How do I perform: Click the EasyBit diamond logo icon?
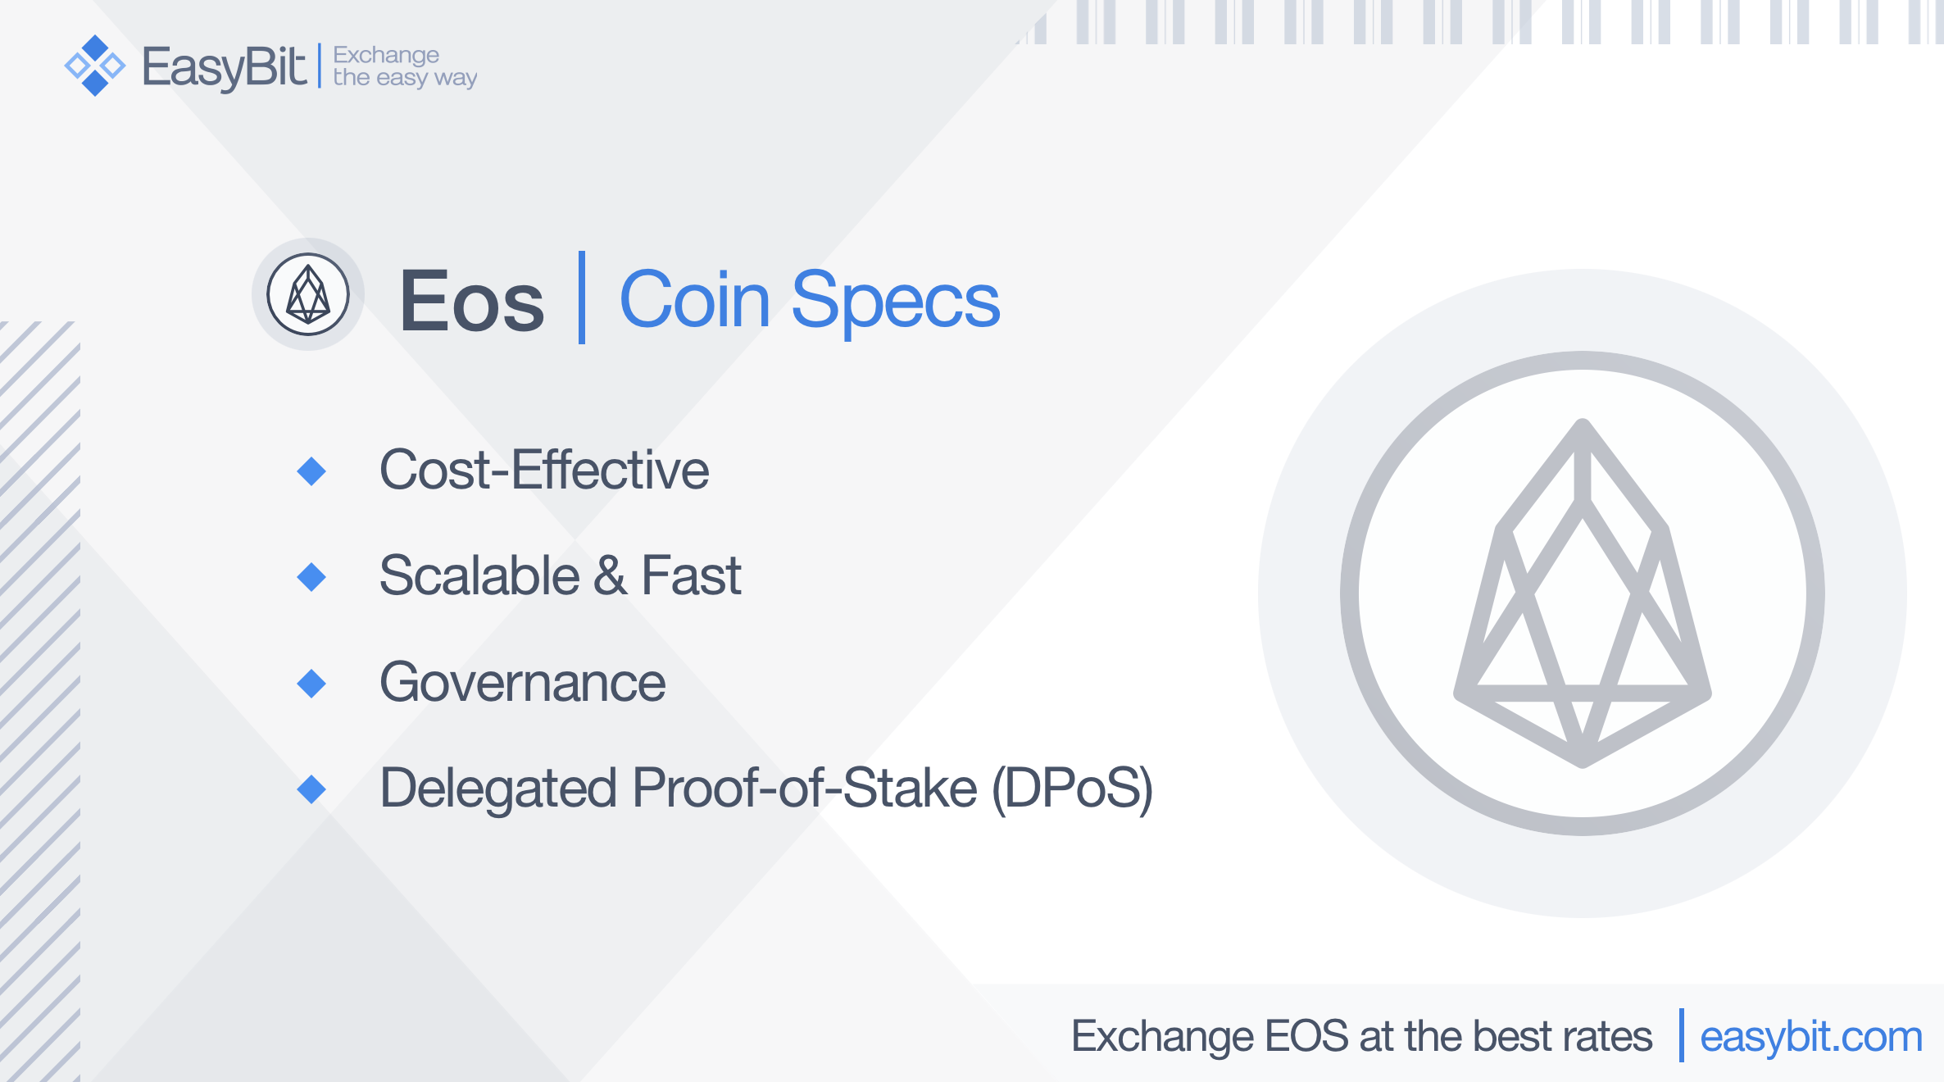coord(95,66)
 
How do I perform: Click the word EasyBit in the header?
coord(225,67)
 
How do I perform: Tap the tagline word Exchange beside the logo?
coord(386,55)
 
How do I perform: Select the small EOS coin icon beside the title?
coord(308,294)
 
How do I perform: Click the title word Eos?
coord(472,302)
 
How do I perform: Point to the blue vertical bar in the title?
coord(582,298)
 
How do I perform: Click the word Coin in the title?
coord(695,300)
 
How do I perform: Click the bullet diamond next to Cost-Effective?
coord(311,471)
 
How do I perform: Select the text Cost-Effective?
coord(544,470)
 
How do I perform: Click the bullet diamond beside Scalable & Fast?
coord(311,577)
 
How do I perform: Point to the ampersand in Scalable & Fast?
coord(611,575)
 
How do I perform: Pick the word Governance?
coord(523,682)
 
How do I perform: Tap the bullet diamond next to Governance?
coord(311,684)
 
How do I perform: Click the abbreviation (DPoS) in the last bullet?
coord(1073,789)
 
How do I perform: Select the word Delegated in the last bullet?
coord(498,789)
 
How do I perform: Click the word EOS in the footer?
coord(1306,1036)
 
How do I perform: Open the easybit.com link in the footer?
coord(1811,1038)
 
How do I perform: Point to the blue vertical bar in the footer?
coord(1682,1035)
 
